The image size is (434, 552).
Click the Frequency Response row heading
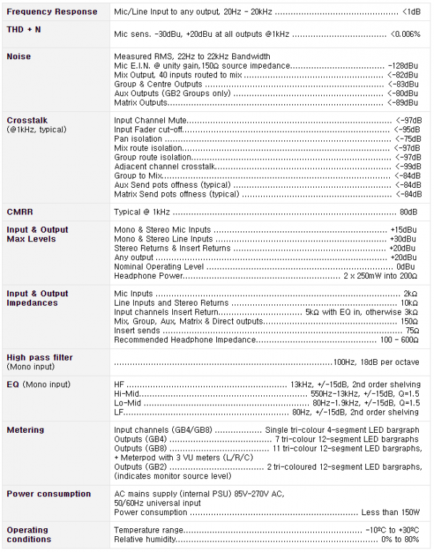click(51, 12)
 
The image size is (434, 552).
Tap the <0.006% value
click(405, 33)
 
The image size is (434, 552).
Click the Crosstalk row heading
click(27, 120)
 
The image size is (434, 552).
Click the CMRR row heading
click(20, 212)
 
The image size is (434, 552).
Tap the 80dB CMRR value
click(409, 212)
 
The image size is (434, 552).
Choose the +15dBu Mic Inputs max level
click(403, 230)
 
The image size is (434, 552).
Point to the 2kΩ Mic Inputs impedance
click(410, 293)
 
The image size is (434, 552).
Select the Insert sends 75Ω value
click(410, 330)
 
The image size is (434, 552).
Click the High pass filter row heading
click(40, 357)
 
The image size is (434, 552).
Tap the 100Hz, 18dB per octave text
click(375, 361)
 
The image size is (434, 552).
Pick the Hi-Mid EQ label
click(126, 393)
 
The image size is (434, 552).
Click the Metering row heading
click(25, 430)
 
